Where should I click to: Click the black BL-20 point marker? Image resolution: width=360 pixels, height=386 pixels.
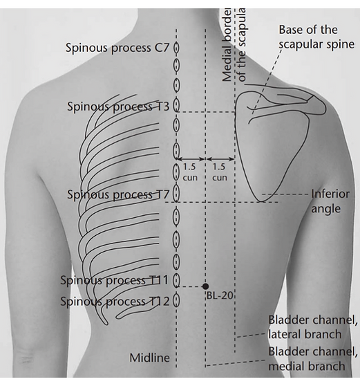click(x=206, y=286)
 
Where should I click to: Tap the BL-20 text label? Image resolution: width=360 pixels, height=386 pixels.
click(x=220, y=295)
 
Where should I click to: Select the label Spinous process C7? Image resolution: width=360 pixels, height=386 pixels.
click(x=117, y=48)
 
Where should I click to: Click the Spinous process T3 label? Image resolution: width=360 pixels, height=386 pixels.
click(x=118, y=107)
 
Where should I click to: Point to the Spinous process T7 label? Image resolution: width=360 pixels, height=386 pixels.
click(x=118, y=194)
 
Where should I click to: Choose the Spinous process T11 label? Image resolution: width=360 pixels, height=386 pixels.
click(x=115, y=280)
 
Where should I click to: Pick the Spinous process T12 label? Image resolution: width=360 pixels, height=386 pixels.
click(x=115, y=302)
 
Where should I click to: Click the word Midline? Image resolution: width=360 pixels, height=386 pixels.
click(x=149, y=358)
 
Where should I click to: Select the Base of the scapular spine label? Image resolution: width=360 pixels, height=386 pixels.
click(x=316, y=37)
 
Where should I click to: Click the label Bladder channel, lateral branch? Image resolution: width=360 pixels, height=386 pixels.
click(x=313, y=327)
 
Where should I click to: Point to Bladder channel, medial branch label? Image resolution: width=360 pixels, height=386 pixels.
click(x=313, y=359)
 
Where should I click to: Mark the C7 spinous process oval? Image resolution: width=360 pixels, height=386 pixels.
click(x=176, y=48)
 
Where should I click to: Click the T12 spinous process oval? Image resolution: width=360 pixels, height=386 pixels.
click(x=176, y=301)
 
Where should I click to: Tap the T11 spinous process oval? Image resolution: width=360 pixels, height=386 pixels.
click(x=176, y=280)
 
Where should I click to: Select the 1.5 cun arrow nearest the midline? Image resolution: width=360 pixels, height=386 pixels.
click(x=191, y=159)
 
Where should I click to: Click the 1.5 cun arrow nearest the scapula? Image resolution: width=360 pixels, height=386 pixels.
click(x=220, y=159)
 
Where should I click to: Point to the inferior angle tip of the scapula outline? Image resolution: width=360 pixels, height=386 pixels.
click(x=260, y=202)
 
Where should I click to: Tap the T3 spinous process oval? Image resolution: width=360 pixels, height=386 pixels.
click(x=176, y=105)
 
